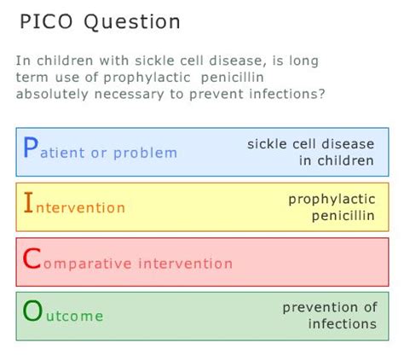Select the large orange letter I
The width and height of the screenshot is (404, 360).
point(28,205)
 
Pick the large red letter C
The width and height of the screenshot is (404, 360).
point(32,260)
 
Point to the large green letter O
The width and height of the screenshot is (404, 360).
point(32,313)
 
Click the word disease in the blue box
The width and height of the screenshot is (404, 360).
point(347,143)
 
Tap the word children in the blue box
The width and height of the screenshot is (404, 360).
point(348,160)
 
